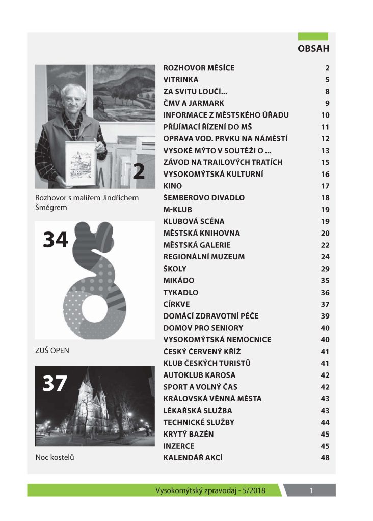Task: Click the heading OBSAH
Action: [313, 49]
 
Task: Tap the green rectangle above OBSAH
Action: [313, 36]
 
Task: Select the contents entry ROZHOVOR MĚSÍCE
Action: [199, 68]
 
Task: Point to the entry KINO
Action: [172, 186]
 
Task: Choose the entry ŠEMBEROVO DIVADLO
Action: [204, 198]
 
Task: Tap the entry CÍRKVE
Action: [176, 304]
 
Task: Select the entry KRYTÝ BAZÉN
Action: [188, 434]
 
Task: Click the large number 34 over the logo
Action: [56, 240]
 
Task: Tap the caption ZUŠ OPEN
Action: [52, 351]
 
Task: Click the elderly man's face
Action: [72, 100]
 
